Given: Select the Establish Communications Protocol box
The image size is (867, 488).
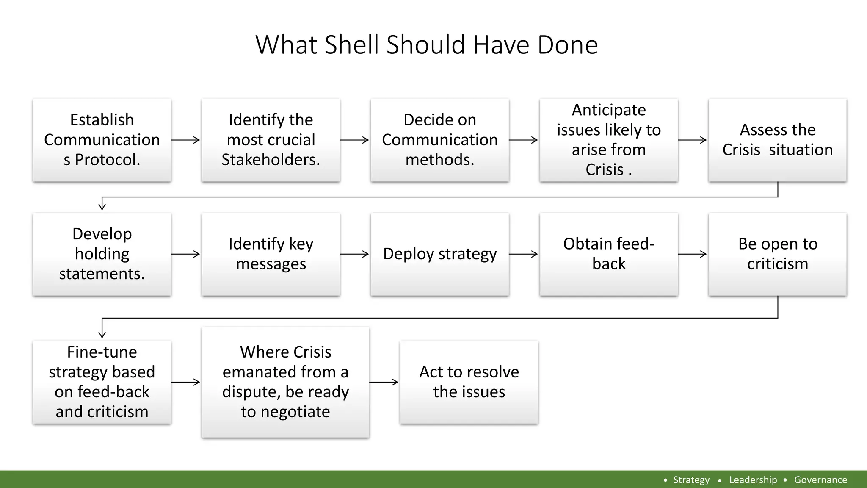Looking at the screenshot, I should [x=102, y=140].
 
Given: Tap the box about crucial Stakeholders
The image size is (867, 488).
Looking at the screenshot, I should [x=271, y=140].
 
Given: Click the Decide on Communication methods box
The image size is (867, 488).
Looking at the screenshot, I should [x=440, y=140].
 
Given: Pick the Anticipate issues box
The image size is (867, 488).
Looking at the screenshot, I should [x=609, y=140].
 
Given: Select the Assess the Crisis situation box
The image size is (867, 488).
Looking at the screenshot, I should [x=778, y=140].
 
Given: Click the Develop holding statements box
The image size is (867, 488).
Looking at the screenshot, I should [x=102, y=254].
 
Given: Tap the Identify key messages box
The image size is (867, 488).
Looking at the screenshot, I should [x=271, y=254].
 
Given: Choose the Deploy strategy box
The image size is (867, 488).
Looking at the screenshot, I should [x=440, y=254].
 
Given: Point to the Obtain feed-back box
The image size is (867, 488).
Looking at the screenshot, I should [x=609, y=254].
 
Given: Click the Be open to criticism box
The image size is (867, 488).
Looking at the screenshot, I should [x=778, y=254].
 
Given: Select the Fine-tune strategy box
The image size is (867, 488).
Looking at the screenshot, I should [x=102, y=382].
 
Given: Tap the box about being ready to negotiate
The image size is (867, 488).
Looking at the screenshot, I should [x=286, y=382].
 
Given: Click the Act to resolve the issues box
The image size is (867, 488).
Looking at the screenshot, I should [x=469, y=382].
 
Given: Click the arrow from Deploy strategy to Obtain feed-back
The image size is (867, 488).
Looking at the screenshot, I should [x=524, y=254].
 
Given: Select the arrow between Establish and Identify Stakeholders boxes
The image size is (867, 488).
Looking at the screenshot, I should [x=186, y=140].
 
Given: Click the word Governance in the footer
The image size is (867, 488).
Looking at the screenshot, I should [x=820, y=480].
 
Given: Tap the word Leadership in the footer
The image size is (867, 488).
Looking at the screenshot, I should [x=753, y=480].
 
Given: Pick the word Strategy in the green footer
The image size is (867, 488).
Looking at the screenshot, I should [x=691, y=480].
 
